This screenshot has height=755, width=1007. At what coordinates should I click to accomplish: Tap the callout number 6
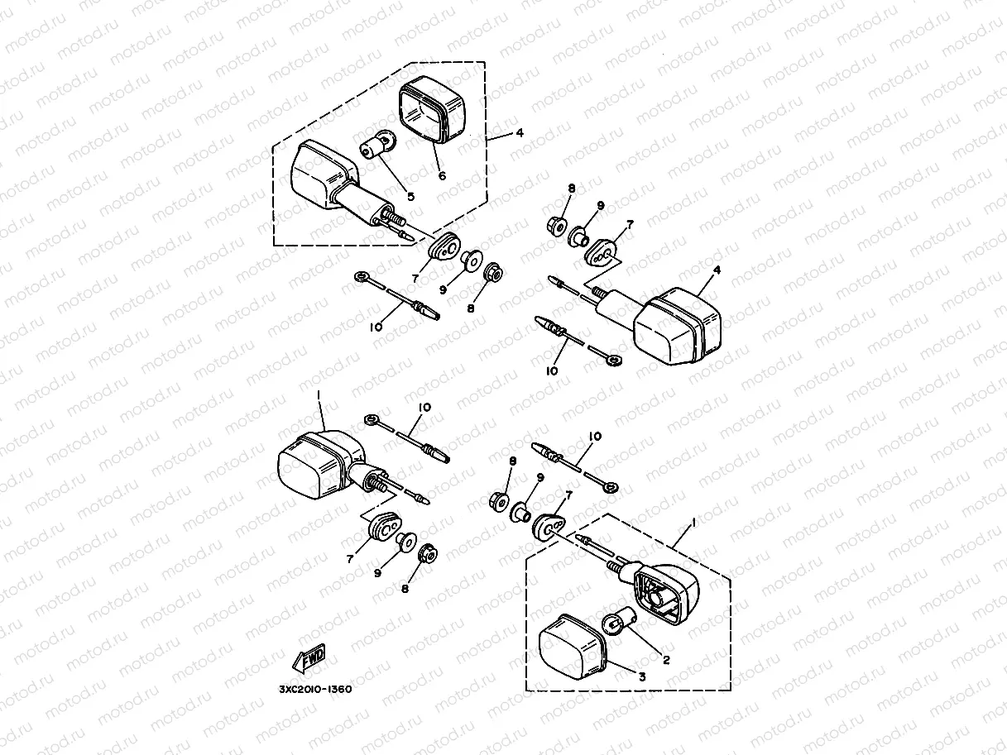click(442, 176)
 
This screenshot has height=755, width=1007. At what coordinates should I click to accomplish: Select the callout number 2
click(664, 659)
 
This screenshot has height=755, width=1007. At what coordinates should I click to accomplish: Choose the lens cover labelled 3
click(572, 647)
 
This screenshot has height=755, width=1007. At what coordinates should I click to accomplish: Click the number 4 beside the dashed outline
click(519, 132)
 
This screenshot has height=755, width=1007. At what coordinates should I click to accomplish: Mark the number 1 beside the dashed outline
click(693, 523)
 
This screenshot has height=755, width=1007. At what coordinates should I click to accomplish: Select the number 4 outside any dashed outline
click(717, 270)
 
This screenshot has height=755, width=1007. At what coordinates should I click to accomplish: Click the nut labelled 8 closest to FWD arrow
click(429, 556)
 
